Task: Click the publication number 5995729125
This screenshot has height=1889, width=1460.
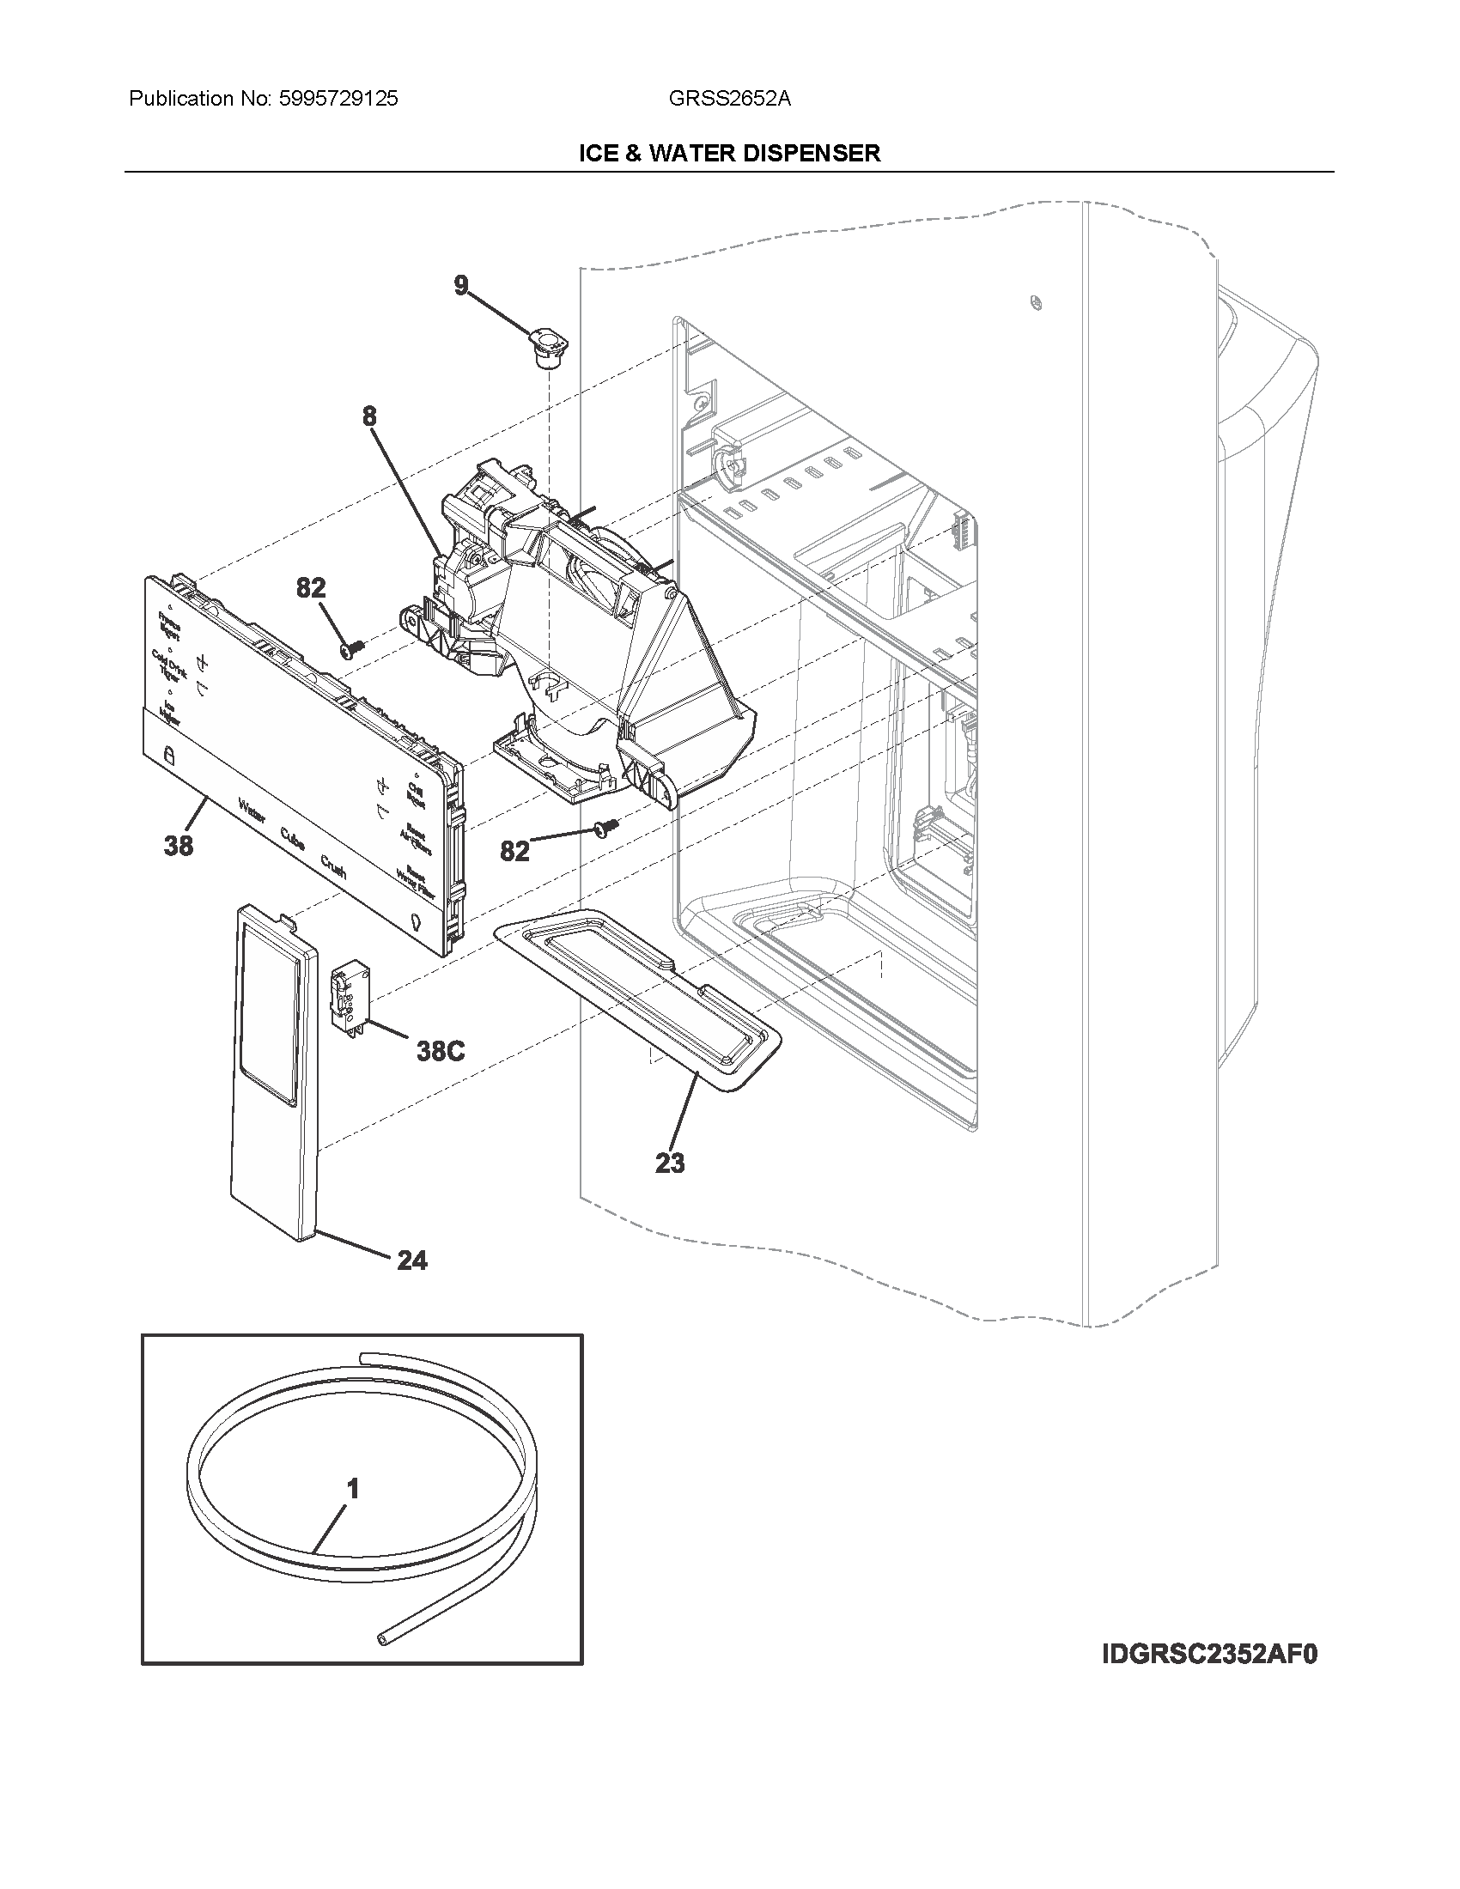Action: pyautogui.click(x=338, y=99)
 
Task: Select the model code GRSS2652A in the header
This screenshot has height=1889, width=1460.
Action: pyautogui.click(x=729, y=99)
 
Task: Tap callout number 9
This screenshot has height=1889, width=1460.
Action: pyautogui.click(x=461, y=286)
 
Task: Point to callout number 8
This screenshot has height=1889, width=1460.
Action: pyautogui.click(x=369, y=416)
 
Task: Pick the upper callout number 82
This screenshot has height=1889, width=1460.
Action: pyautogui.click(x=311, y=588)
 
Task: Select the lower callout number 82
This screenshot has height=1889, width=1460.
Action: pyautogui.click(x=514, y=851)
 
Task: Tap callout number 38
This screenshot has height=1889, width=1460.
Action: pyautogui.click(x=178, y=845)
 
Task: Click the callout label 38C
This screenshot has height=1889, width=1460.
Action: pyautogui.click(x=441, y=1051)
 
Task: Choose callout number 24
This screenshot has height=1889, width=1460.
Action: pyautogui.click(x=411, y=1261)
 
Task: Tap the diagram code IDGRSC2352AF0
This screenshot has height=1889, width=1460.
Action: pyautogui.click(x=1209, y=1655)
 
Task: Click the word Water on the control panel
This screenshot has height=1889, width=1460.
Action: pyautogui.click(x=252, y=812)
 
